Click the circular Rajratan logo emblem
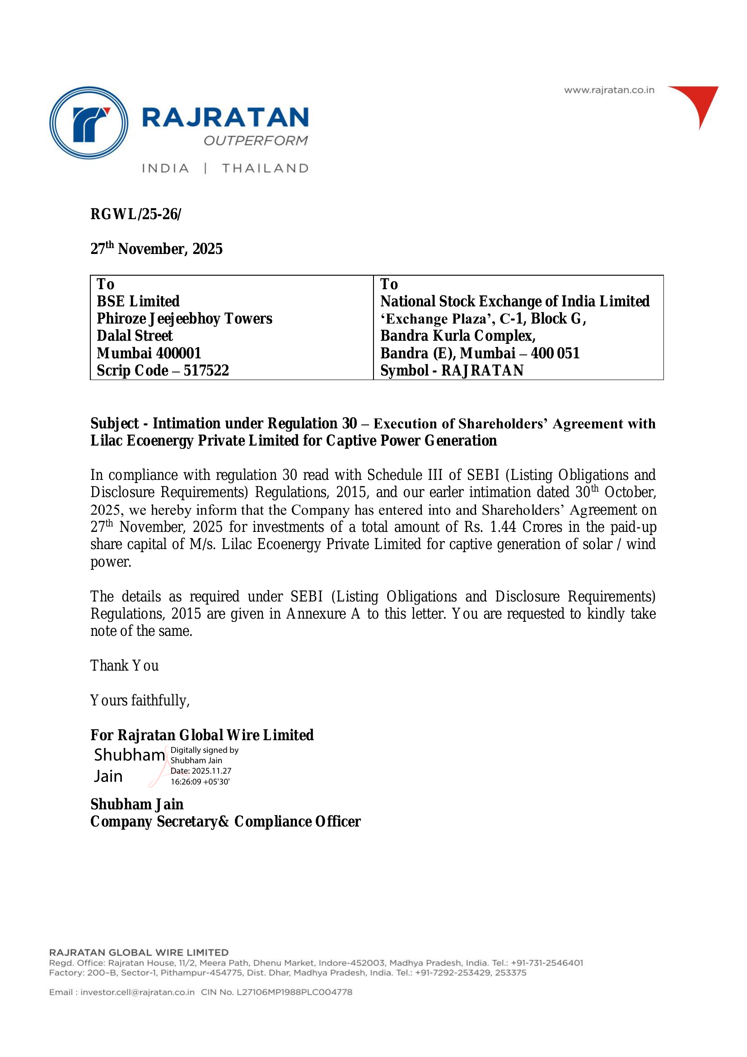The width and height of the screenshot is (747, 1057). pos(89,123)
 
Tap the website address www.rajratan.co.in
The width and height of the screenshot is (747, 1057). pos(609,90)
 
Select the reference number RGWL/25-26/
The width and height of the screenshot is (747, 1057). pos(135,214)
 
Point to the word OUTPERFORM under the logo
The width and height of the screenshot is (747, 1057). pos(256,141)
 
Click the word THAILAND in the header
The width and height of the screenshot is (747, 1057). pos(266,169)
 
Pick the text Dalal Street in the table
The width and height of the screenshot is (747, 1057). pos(134,336)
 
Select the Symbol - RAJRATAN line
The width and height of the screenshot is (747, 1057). pos(452,371)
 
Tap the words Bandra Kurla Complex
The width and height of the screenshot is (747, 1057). pos(458,336)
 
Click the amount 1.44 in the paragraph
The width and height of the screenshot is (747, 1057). pos(503,527)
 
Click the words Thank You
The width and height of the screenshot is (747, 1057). pos(124,666)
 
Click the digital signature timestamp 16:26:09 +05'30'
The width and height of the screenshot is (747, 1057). pos(200,782)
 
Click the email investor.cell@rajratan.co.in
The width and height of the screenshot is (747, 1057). pos(137,992)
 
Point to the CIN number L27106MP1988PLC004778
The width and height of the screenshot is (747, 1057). pos(294,992)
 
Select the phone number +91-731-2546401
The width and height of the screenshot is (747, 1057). pos(547,963)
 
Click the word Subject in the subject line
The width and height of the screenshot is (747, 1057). pos(114,423)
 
